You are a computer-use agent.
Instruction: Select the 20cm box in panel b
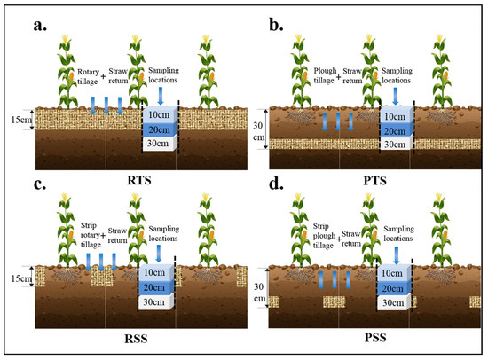pos(397,130)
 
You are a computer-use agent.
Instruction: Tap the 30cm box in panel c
pos(156,302)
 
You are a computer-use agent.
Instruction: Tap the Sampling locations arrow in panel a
pos(161,95)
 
